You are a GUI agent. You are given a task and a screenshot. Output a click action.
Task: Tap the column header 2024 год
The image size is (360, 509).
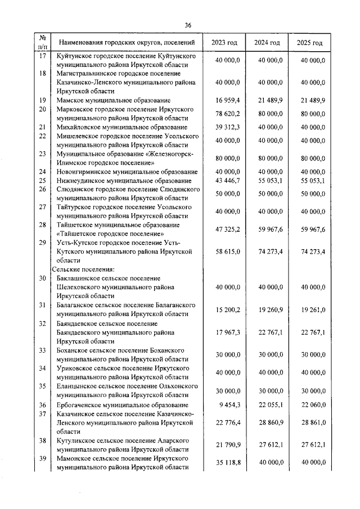click(x=267, y=43)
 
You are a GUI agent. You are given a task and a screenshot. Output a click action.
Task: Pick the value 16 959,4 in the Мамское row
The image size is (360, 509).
click(x=228, y=100)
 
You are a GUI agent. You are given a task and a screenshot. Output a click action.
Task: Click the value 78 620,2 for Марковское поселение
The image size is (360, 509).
click(x=228, y=113)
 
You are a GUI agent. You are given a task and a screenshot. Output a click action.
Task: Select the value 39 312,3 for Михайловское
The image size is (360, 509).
click(x=228, y=127)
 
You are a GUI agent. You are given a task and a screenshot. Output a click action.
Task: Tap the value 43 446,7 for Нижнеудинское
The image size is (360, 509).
click(x=228, y=181)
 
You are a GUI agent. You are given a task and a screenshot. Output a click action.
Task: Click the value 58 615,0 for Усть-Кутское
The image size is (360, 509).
click(x=228, y=251)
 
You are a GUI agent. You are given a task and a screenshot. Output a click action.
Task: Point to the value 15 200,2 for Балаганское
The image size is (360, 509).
click(x=228, y=309)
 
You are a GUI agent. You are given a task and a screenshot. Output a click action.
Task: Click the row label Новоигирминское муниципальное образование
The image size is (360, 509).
click(x=124, y=172)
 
